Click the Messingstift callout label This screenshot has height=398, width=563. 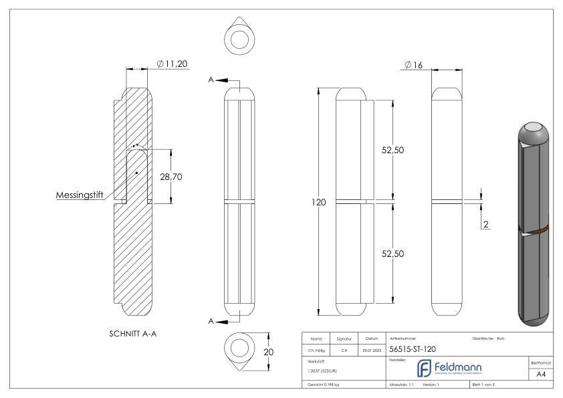pyautogui.click(x=84, y=196)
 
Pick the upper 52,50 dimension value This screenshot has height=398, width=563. pyautogui.click(x=395, y=152)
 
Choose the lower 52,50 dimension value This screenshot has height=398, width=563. pyautogui.click(x=395, y=254)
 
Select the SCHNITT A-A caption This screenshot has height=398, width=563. pyautogui.click(x=132, y=334)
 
